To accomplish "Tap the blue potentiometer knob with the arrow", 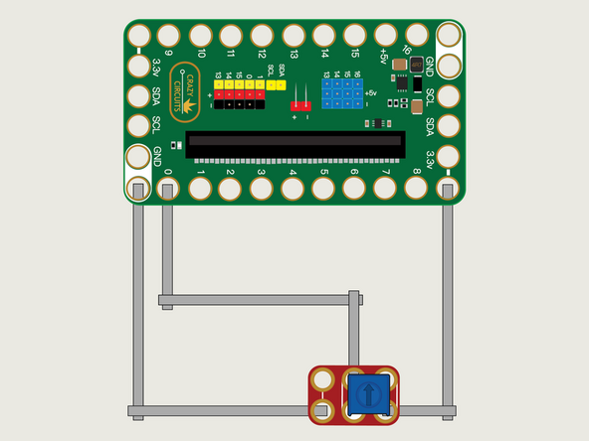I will [x=366, y=395].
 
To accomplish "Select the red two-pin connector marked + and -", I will [x=299, y=103].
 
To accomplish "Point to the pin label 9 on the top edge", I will [x=168, y=54].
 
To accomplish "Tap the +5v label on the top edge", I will [x=383, y=57].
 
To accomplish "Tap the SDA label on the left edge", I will [x=157, y=96].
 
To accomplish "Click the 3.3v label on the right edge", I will [x=430, y=159].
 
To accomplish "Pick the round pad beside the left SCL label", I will [x=138, y=125].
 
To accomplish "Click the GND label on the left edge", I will [x=157, y=155].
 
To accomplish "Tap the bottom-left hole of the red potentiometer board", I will [x=322, y=409].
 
